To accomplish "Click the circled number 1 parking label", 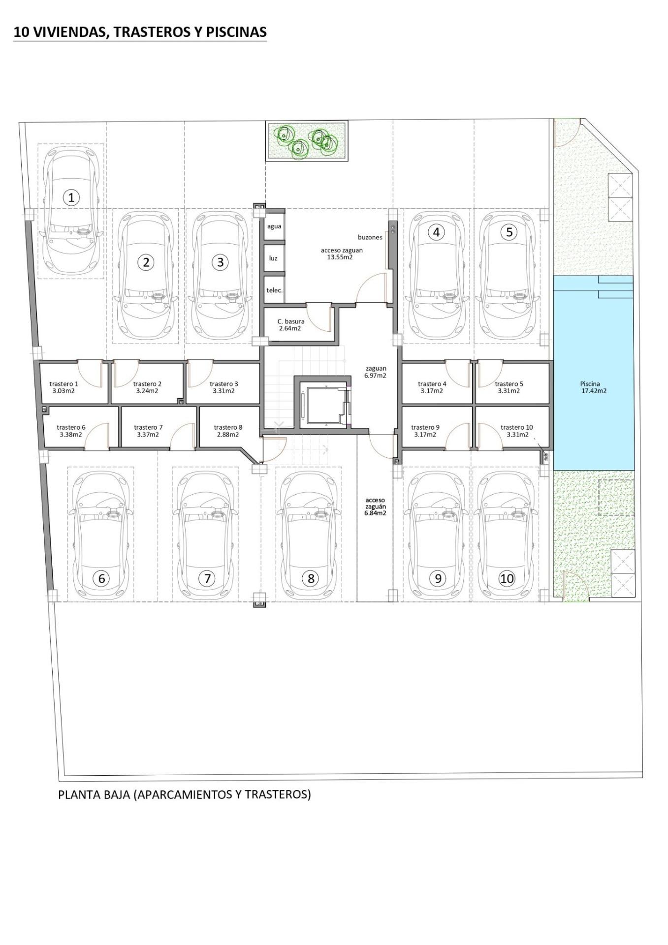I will point(71,198).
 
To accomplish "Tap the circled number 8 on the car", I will point(311,578).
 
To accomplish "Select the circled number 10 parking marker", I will point(507,578).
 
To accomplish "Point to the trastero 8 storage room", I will point(228,431).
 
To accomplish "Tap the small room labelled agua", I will point(274,226).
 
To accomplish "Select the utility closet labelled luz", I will point(273,258).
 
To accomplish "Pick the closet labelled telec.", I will point(274,290).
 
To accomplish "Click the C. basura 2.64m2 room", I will point(290,325).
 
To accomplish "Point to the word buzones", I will point(370,237).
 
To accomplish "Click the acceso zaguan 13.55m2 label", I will point(341,253).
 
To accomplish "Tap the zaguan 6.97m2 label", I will point(376,372).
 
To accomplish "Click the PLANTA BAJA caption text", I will point(185,794).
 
